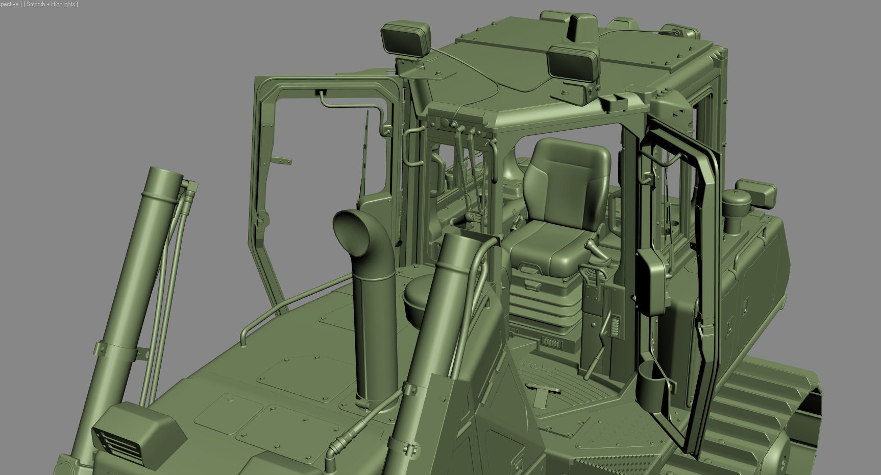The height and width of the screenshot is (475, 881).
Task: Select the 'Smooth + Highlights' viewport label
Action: coord(51,4)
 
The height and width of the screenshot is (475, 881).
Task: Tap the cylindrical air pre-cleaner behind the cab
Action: coord(737,209)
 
